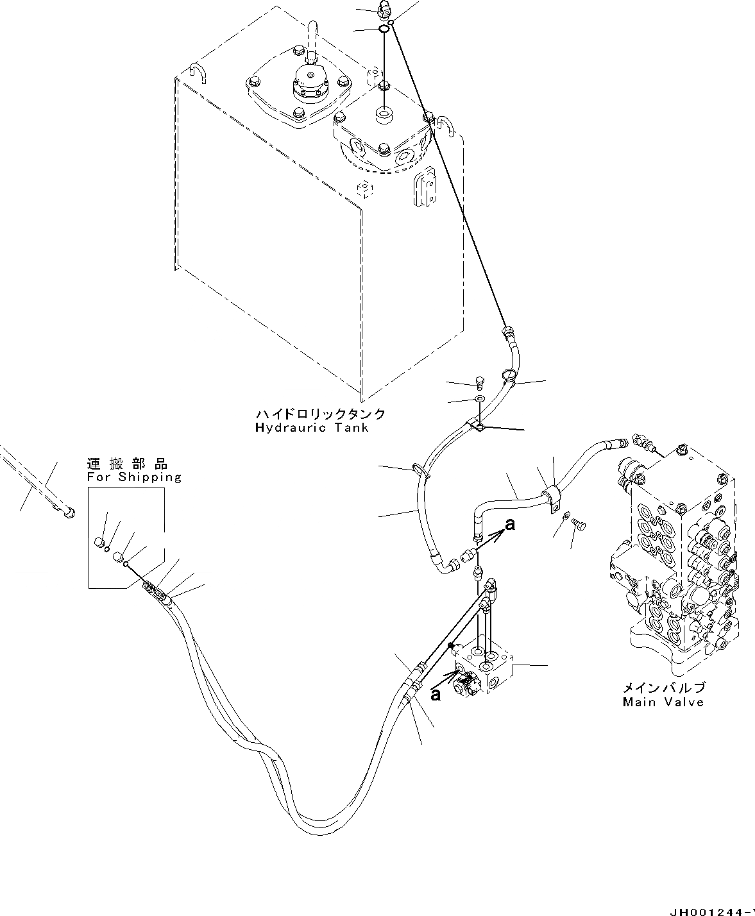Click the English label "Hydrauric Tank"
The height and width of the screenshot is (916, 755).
312,427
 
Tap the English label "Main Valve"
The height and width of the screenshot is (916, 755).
663,702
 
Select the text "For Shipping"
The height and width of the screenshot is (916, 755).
134,477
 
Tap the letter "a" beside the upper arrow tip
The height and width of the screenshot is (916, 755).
510,525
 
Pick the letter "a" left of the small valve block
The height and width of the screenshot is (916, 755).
436,695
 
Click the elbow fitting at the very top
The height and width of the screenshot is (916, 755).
384,8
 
